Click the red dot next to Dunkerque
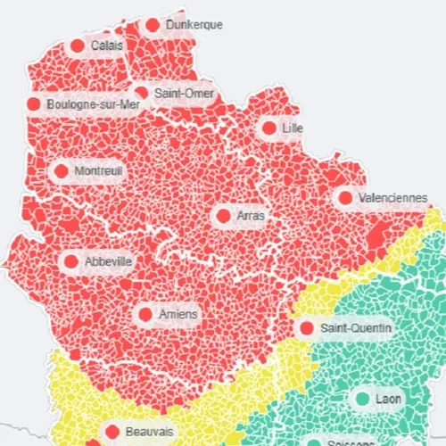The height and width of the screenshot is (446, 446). [153, 25]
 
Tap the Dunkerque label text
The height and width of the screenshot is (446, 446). [194, 25]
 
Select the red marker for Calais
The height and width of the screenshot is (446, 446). [77, 45]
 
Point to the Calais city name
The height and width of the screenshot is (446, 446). [107, 45]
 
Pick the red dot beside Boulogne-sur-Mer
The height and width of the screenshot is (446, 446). [34, 104]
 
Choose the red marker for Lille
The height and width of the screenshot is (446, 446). [269, 128]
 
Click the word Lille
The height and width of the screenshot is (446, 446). [292, 128]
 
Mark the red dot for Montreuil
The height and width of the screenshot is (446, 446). [62, 170]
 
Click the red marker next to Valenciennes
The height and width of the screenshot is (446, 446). [344, 197]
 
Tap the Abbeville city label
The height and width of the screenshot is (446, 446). [108, 261]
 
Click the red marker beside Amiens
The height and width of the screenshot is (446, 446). [145, 314]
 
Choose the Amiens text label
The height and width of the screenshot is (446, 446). [178, 314]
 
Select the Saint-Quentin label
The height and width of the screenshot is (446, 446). [355, 328]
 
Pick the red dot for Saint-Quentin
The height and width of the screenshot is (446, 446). [307, 328]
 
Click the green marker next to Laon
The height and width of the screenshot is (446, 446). [363, 398]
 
